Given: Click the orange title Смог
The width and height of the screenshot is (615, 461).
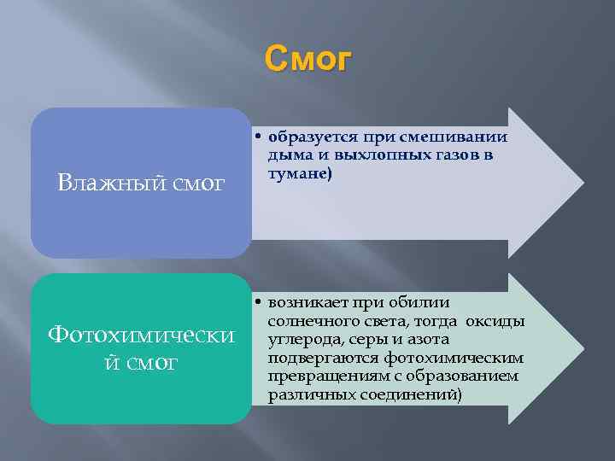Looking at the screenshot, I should click(307, 60).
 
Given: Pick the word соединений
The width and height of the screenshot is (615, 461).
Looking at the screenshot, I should click(415, 395).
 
